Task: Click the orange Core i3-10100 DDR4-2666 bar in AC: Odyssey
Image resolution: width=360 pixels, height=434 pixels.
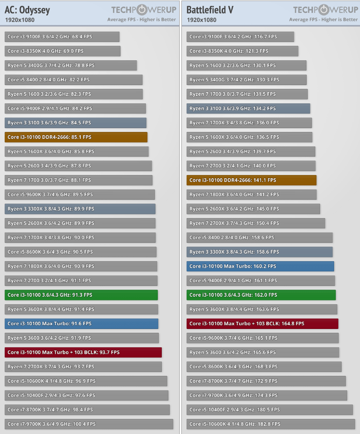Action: [76, 137]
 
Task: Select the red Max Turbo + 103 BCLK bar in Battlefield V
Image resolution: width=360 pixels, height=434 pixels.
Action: [263, 324]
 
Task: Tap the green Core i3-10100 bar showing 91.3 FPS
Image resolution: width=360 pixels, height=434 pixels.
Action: [81, 295]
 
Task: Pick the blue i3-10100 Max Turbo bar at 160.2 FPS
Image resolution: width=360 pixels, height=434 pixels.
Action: [260, 266]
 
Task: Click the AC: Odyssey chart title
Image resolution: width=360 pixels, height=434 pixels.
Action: [26, 10]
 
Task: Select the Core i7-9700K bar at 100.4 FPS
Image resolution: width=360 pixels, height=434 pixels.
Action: [89, 424]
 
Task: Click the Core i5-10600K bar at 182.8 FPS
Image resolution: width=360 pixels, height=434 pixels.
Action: [272, 424]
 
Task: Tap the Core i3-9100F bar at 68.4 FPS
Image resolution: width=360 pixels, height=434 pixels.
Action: [62, 37]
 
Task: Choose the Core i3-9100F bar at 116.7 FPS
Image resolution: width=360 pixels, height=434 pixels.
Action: [241, 37]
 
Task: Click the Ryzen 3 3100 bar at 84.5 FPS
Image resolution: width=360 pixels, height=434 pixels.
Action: [75, 123]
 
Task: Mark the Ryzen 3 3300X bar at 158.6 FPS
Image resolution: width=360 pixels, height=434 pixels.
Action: [260, 251]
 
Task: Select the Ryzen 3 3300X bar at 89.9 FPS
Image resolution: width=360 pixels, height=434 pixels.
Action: [80, 209]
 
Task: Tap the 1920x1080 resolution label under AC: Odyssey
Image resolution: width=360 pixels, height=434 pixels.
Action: [20, 20]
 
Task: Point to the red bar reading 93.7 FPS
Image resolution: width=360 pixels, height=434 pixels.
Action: [83, 352]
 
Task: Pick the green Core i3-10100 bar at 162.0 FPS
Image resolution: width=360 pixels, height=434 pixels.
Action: [262, 295]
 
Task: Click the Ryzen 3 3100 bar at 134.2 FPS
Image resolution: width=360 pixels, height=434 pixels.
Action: [249, 108]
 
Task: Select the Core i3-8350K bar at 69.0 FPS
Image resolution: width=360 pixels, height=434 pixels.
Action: [62, 51]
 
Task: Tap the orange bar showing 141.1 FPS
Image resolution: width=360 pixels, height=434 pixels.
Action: [252, 180]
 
